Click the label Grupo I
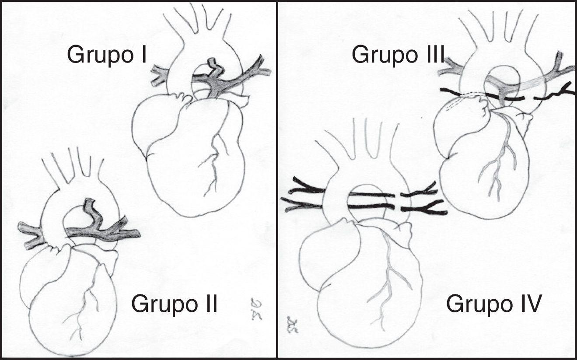107,56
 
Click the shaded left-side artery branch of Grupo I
159,75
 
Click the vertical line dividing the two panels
277,180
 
